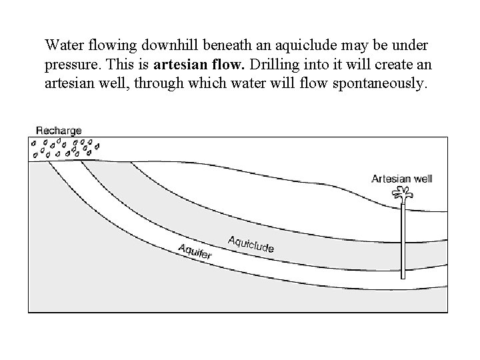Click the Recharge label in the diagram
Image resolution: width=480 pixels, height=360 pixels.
click(59, 131)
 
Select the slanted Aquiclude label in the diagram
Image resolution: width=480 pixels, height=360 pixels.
click(251, 244)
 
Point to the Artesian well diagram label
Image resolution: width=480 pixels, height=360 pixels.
click(402, 179)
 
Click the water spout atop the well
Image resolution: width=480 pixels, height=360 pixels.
click(402, 195)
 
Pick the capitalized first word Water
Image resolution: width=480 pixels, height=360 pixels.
click(62, 45)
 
